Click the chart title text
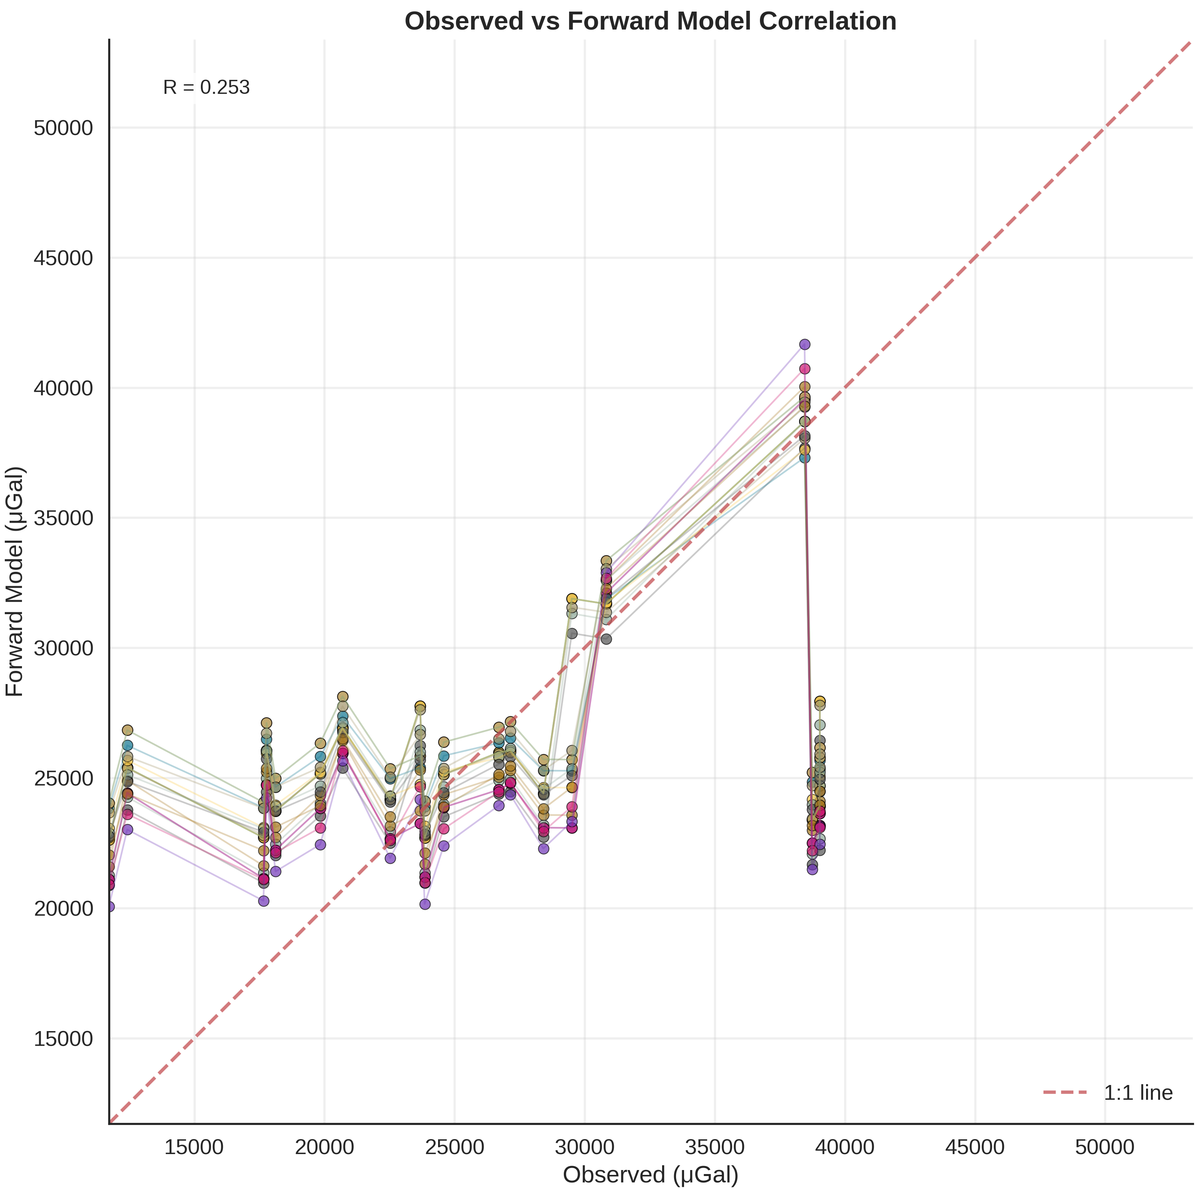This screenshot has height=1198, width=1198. coord(651,22)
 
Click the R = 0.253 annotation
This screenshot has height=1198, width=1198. coord(206,87)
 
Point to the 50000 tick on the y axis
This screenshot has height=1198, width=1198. coord(63,128)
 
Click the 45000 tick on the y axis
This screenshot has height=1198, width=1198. coord(63,258)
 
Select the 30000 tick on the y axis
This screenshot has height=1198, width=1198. coord(63,649)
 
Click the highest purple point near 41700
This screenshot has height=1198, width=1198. coord(804,344)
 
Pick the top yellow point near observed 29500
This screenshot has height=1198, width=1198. coord(572,598)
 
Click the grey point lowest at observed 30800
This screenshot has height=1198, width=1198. coord(606,639)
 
